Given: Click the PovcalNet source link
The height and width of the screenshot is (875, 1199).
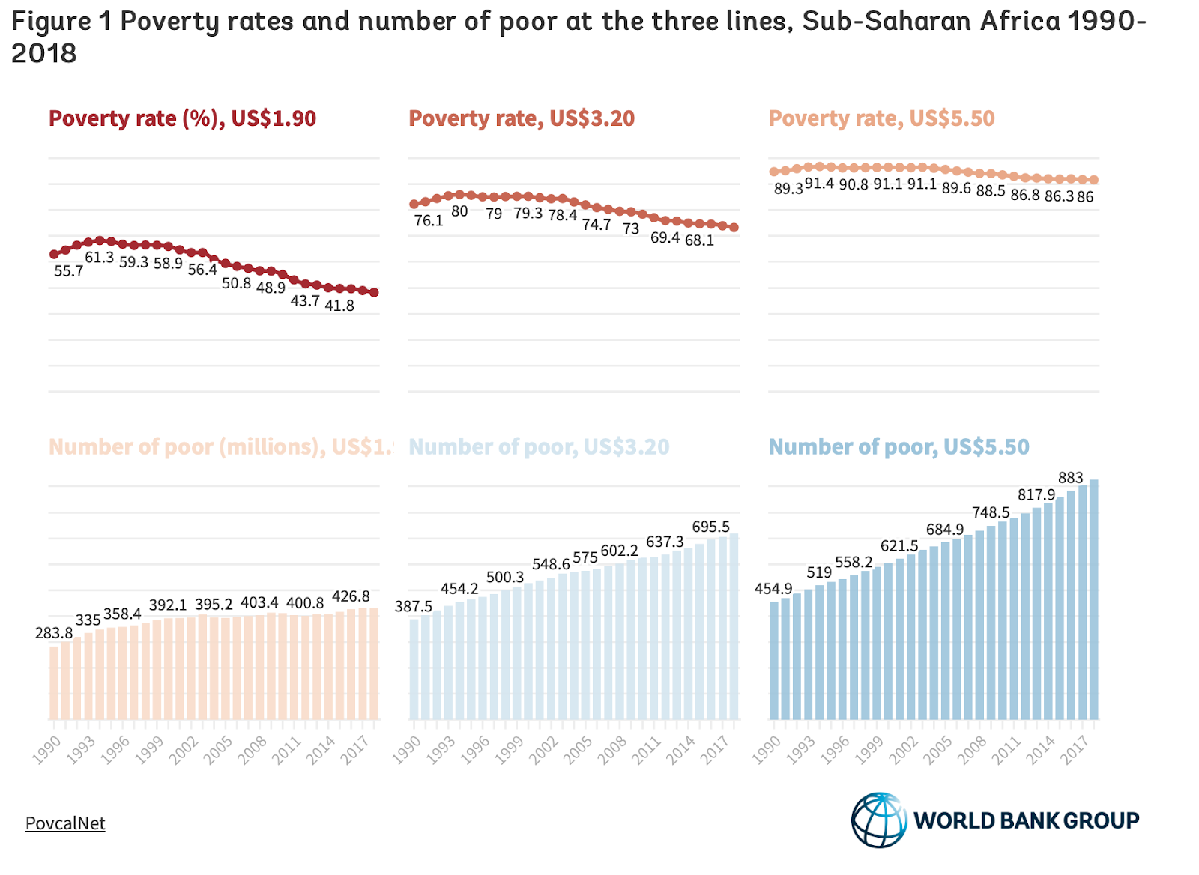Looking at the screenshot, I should tap(65, 823).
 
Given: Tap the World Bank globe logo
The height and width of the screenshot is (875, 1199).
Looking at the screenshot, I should tap(879, 820).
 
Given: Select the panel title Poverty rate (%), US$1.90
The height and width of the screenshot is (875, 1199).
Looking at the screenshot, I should tap(182, 118).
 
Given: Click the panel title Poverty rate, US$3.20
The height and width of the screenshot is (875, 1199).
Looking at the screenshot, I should tap(522, 118).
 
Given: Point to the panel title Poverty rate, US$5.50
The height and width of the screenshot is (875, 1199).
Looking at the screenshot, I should tap(881, 118).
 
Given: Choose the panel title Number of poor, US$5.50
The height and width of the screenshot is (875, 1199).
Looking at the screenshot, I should tap(899, 447).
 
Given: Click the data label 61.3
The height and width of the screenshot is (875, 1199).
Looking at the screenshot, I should tap(99, 258).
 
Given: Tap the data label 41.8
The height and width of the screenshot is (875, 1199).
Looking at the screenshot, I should tap(339, 306).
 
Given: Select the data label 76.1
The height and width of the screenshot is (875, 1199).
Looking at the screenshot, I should tap(429, 221).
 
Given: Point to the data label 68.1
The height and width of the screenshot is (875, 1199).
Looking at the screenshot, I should tap(699, 240).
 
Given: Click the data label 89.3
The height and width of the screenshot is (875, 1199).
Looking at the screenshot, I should tap(788, 189).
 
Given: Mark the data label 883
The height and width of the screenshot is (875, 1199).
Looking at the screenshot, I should tap(1070, 478).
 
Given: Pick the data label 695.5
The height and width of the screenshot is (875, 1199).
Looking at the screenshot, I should tap(710, 527).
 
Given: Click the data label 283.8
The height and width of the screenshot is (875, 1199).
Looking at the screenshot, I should tap(54, 634).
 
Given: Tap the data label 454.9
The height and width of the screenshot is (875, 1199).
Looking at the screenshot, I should tap(773, 590).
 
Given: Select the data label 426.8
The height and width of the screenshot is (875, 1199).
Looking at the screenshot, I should tap(351, 596).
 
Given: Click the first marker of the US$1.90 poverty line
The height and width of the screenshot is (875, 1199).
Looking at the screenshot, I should tap(54, 255).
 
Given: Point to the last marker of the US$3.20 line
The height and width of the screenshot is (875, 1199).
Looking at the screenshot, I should tap(734, 228).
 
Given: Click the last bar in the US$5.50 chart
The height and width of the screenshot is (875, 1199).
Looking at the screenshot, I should tap(1093, 599).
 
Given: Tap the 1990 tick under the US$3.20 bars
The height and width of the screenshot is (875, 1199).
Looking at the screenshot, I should tap(408, 748).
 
